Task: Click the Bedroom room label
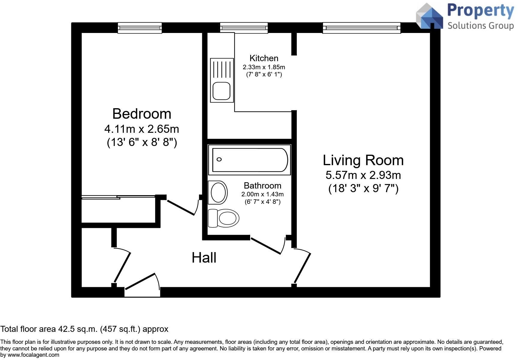click(142, 114)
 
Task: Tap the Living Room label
click(363, 160)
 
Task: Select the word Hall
click(204, 258)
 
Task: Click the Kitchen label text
click(264, 58)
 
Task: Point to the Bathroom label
click(262, 186)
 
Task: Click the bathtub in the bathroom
click(250, 160)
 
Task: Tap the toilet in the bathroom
click(223, 218)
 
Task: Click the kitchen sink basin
click(222, 91)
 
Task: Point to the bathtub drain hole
click(219, 159)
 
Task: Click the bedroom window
click(140, 28)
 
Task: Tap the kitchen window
click(244, 28)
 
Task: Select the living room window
click(362, 28)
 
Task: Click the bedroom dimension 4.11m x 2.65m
click(142, 129)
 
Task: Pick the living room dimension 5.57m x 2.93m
click(363, 175)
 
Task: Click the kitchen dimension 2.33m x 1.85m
click(264, 67)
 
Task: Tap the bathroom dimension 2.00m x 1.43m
click(262, 195)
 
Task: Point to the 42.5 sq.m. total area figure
click(77, 329)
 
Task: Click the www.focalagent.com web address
click(34, 355)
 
